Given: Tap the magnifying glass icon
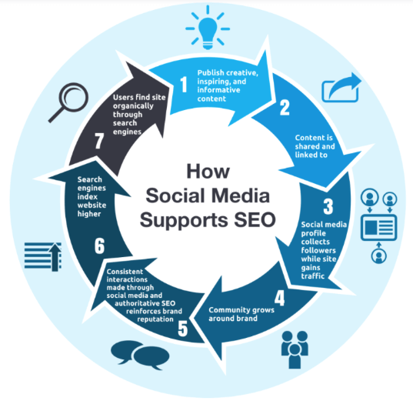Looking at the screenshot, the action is click(70, 101).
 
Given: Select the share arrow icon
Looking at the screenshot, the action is click(341, 88).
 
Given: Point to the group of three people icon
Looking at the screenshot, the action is click(295, 349).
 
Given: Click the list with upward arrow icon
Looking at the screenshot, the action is click(43, 256).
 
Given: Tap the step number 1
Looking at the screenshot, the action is click(184, 85).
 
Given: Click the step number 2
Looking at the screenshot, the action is click(285, 108).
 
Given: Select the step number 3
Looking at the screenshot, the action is click(328, 206).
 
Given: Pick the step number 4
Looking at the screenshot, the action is click(279, 298).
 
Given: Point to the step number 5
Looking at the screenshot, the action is click(183, 329).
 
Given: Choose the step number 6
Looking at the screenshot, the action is click(99, 246).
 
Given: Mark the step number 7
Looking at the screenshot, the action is click(99, 141).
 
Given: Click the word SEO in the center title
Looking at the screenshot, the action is click(255, 220).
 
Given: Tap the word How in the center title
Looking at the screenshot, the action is click(208, 172).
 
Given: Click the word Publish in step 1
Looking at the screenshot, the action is click(211, 73).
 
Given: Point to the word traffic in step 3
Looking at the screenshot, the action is click(313, 276).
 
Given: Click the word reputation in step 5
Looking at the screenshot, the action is click(155, 319).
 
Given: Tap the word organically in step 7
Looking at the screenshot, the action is click(133, 106).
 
